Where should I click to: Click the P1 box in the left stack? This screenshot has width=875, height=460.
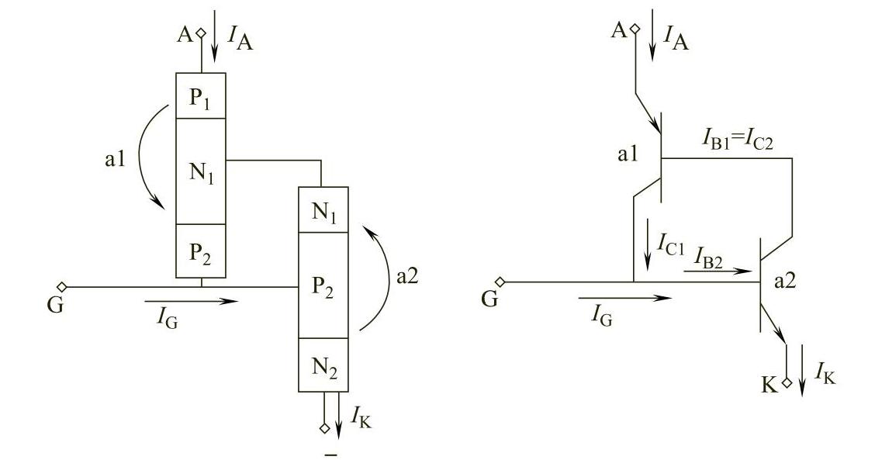(200, 95)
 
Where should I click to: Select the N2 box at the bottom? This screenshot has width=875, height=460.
(323, 365)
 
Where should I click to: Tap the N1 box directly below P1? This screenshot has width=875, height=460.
(200, 171)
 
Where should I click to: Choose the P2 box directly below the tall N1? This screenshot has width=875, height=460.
(200, 251)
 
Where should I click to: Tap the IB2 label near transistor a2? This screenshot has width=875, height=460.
(707, 262)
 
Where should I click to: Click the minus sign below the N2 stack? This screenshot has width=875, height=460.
(331, 454)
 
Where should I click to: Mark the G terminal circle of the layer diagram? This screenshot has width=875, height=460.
(62, 286)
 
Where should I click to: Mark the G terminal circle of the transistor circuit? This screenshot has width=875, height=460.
(501, 282)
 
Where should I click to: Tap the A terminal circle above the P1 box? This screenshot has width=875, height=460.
(201, 33)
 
